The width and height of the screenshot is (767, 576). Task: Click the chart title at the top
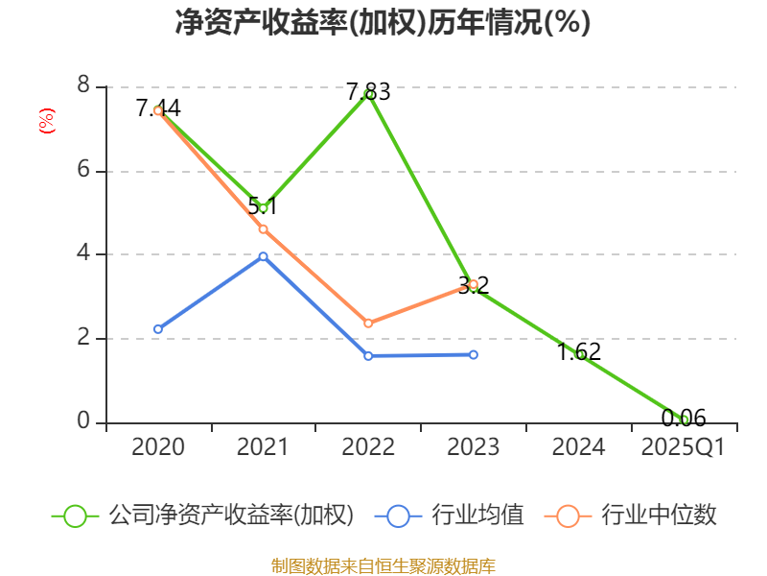tap(383, 23)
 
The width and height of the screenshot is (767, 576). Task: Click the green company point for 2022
tap(369, 94)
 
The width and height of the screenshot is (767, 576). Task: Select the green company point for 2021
tap(263, 207)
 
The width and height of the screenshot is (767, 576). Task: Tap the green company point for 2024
tap(579, 354)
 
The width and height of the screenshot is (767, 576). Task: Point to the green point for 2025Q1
tap(685, 419)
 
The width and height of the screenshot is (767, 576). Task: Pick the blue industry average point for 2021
tap(263, 256)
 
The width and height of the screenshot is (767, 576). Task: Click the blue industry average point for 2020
tap(158, 329)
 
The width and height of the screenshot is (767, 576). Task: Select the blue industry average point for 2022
tap(368, 355)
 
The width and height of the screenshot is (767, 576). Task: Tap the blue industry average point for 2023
tap(474, 354)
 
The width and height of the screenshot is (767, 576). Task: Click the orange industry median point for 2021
tap(263, 228)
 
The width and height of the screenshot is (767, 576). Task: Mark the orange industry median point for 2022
tap(368, 324)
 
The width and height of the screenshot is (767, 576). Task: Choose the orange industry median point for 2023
tap(474, 284)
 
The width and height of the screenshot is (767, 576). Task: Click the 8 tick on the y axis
tap(83, 86)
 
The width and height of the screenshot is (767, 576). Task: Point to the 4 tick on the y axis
tap(83, 254)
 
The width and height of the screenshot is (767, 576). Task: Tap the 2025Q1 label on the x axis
tap(684, 447)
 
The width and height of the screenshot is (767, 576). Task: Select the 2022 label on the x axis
tap(368, 447)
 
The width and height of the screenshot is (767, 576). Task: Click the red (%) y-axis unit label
tap(46, 121)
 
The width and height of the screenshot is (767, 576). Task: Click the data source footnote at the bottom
tap(383, 565)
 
